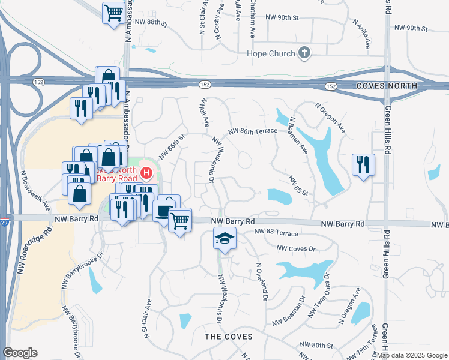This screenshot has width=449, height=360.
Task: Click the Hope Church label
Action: tap(271, 53)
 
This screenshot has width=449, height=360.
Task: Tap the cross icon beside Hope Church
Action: tap(304, 53)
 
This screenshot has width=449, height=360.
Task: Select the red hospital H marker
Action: tap(146, 175)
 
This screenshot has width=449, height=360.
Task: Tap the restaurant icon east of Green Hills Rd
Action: tap(363, 164)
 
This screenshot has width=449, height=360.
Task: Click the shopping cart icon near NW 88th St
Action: tap(113, 12)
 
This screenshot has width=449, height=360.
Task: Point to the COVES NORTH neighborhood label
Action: tap(387, 86)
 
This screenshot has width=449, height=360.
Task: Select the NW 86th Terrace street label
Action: tap(252, 131)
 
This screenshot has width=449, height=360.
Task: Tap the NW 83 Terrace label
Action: tap(276, 232)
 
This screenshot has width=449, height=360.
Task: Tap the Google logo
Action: tap(20, 353)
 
